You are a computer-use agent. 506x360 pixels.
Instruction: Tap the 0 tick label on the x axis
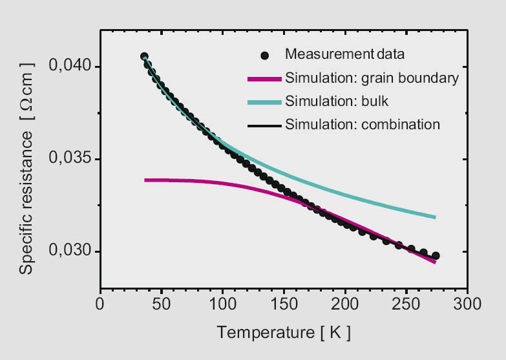(100, 304)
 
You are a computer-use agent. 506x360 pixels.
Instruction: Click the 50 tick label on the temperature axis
(161, 304)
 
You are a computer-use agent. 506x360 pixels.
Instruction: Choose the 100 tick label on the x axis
(222, 304)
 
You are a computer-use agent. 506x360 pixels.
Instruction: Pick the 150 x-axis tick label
(284, 304)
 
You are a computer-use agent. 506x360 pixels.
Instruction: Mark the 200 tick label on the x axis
(345, 304)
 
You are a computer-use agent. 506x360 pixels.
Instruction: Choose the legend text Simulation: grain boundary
(372, 79)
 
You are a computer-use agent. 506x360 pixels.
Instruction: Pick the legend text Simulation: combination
(363, 123)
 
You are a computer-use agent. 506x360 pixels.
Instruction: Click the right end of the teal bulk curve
(435, 217)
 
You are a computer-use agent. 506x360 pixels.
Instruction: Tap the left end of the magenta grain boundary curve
(145, 180)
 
